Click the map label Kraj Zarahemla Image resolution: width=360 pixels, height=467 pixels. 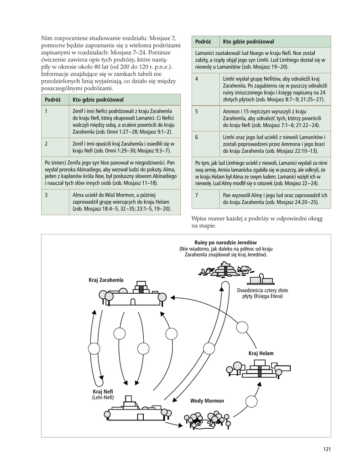[106, 280]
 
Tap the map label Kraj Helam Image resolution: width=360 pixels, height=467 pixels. [261, 353]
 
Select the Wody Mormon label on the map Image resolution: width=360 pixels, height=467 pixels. [207, 401]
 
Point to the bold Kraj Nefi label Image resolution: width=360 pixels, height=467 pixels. [103, 392]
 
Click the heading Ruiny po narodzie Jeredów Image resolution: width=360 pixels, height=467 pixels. [226, 242]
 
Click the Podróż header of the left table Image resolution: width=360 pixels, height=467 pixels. [51, 99]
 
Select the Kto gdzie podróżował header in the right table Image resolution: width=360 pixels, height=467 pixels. [248, 42]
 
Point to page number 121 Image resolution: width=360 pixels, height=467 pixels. [326, 449]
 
